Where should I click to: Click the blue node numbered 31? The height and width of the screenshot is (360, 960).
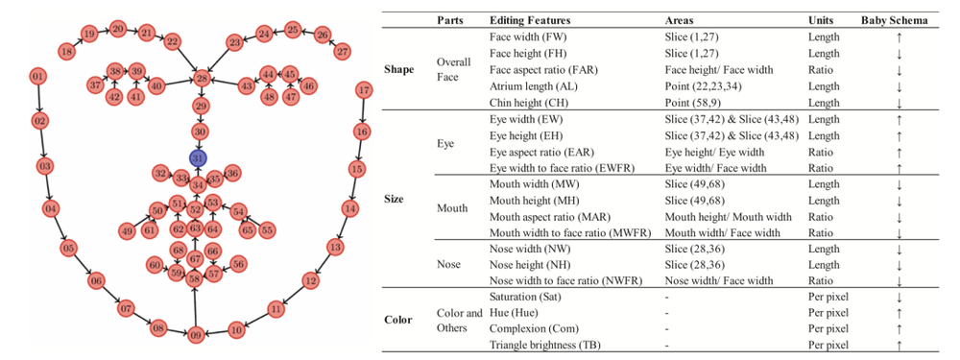tap(198, 158)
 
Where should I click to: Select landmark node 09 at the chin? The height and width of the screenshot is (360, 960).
tap(195, 335)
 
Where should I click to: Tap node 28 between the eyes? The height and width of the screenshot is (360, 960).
tap(203, 79)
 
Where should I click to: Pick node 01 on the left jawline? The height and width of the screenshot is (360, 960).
tap(37, 77)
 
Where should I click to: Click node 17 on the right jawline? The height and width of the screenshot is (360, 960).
tap(364, 92)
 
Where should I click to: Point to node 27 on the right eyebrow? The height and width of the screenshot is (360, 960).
tap(343, 52)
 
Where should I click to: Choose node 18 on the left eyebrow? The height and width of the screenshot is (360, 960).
tap(67, 52)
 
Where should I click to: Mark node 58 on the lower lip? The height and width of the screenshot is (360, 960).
tap(195, 279)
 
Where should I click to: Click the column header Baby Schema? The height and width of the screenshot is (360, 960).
tap(894, 20)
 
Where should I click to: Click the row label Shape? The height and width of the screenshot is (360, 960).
tap(398, 69)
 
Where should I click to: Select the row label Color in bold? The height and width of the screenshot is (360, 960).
tap(397, 321)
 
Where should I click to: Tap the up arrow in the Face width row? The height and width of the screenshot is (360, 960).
tap(899, 36)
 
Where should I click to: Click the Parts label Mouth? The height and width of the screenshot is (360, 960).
tap(452, 208)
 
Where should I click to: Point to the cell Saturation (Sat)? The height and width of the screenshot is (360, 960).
tap(525, 297)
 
